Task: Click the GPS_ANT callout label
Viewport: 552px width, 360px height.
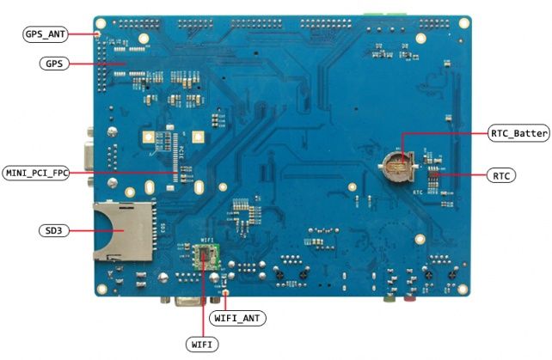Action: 44,34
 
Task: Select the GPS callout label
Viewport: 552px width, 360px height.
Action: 53,64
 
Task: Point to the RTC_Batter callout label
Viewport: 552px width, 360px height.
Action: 519,134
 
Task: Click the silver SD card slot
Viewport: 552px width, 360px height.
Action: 120,229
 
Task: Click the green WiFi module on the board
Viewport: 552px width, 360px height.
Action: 205,254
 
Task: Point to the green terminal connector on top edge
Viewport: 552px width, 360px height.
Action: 384,13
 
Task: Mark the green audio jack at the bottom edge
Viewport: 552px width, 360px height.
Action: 389,299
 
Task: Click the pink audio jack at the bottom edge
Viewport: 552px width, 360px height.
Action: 411,299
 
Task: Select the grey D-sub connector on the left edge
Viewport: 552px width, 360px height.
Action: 89,154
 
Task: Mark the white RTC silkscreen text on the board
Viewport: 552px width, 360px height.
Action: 418,192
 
